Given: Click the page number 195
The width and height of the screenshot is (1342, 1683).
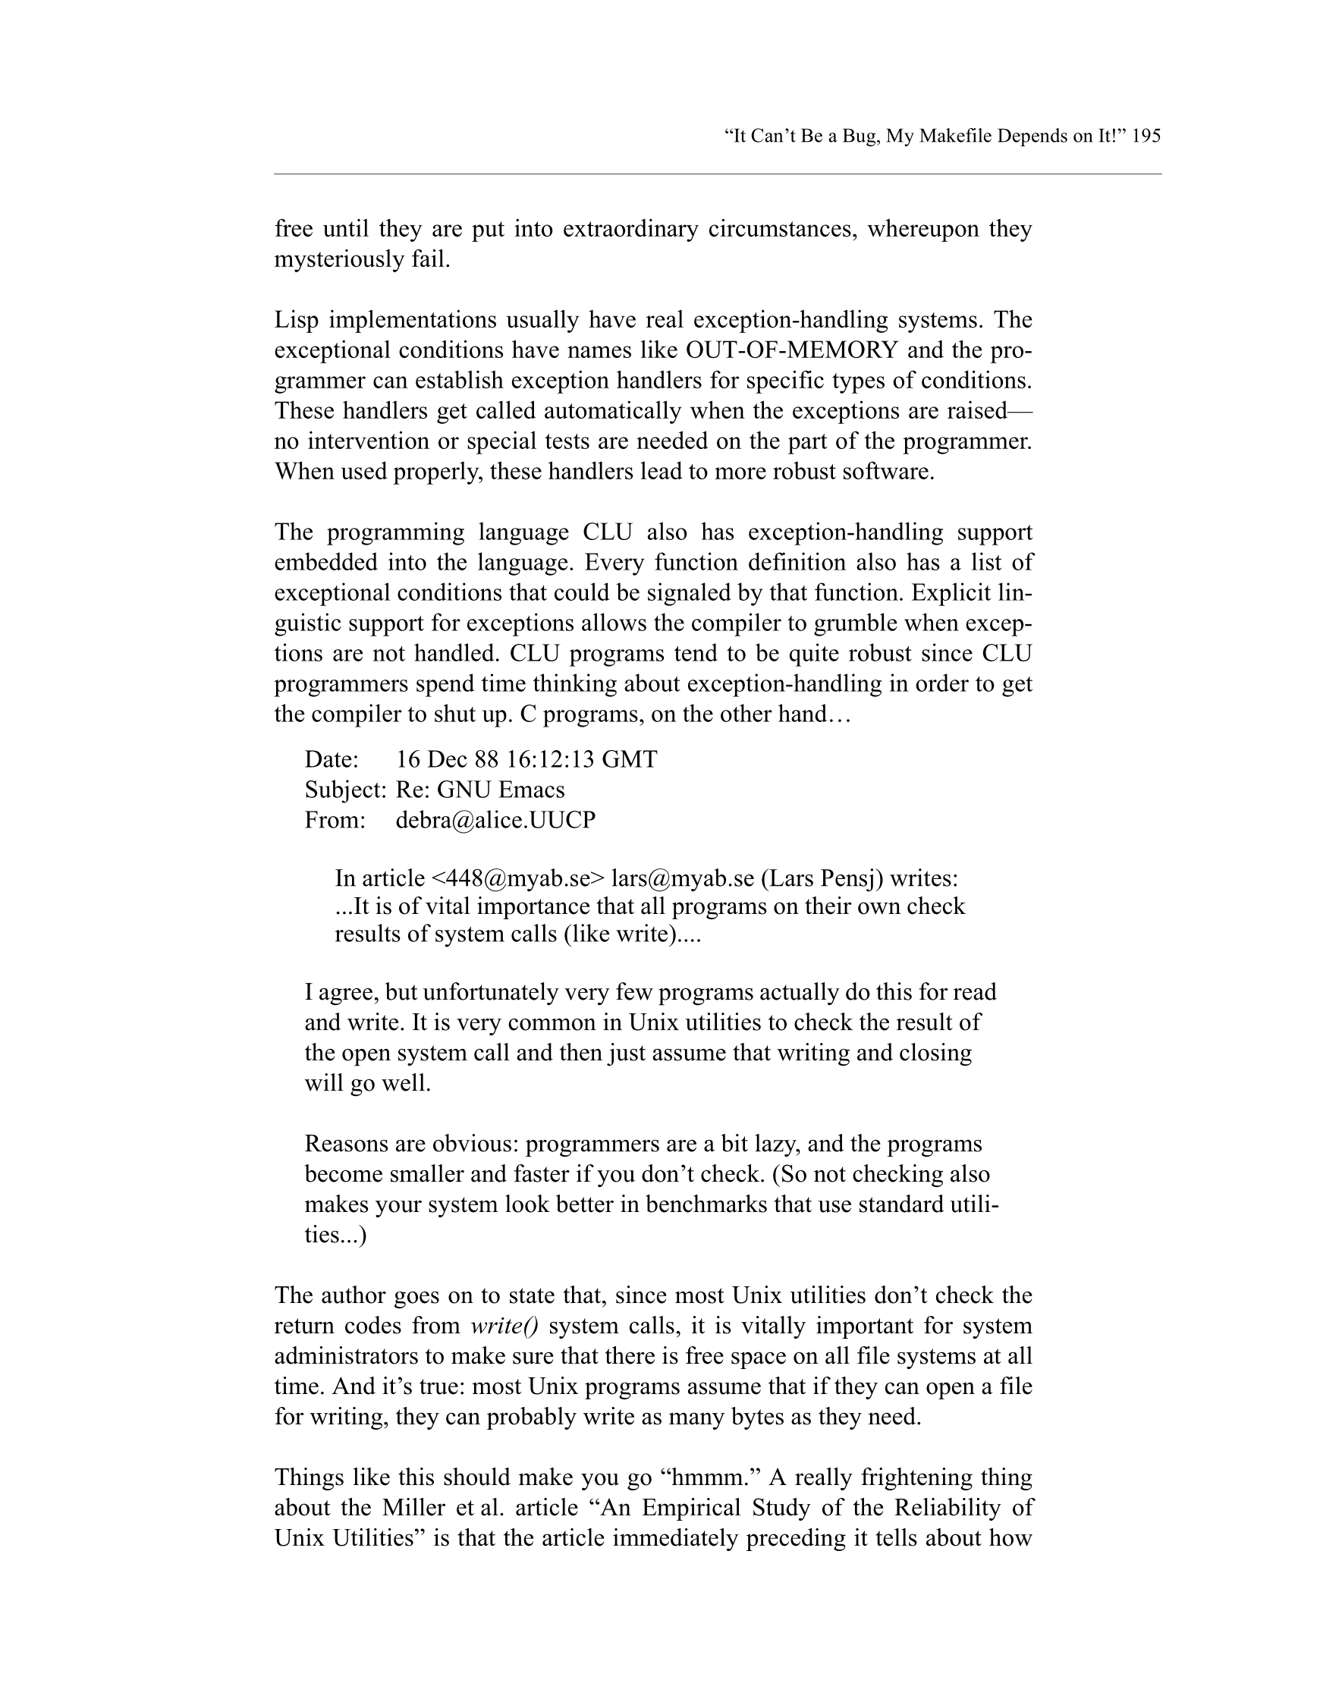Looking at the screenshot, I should [1146, 136].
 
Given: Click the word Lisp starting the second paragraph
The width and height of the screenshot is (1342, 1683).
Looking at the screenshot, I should [297, 320].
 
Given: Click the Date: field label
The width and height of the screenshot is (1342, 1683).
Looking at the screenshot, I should [332, 758].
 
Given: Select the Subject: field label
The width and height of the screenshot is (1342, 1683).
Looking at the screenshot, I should [345, 790].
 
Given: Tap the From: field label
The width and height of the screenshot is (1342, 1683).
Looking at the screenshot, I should [335, 820].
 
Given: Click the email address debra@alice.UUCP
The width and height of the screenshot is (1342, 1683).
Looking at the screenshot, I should [495, 820].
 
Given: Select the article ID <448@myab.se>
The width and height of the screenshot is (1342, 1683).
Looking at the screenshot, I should [517, 878].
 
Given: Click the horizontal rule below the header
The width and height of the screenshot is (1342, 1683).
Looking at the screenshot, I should [717, 174].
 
